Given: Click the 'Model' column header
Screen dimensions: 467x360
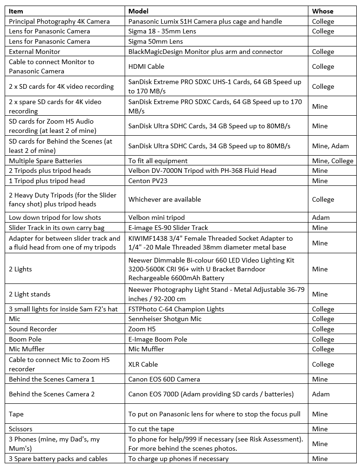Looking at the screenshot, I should click(139, 11).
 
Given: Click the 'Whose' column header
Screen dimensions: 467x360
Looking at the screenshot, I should click(323, 11).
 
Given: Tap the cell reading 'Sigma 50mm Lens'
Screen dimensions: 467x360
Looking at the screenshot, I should click(156, 41).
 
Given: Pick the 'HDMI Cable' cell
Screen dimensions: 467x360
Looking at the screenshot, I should click(146, 66).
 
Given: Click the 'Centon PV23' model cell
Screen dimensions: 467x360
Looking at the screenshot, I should click(148, 181).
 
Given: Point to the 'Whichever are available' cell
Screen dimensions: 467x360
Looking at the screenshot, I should click(165, 199).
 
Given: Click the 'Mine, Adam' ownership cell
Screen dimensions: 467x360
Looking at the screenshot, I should click(330, 146).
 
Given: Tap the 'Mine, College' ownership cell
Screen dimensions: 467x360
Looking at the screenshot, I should click(333, 161).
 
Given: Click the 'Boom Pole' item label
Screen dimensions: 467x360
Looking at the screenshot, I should click(25, 339).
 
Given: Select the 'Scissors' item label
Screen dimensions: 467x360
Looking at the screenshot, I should click(20, 429).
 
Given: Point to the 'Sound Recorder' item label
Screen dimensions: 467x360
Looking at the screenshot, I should click(33, 329).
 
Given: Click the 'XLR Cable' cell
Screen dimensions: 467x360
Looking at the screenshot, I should click(143, 364).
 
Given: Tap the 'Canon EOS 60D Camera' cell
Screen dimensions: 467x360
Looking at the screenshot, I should click(164, 379).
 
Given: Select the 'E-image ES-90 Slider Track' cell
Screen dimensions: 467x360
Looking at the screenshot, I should click(168, 228).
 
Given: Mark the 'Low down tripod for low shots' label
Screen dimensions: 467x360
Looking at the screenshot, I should click(55, 217).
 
